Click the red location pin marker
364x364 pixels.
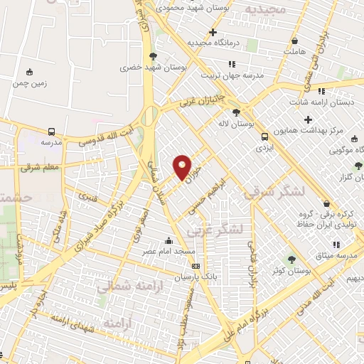pyautogui.click(x=182, y=166)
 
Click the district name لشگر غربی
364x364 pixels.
pyautogui.click(x=215, y=229)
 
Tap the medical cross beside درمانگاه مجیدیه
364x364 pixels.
pyautogui.click(x=213, y=32)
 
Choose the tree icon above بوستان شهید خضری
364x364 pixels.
pyautogui.click(x=152, y=55)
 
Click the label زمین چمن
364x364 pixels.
pyautogui.click(x=29, y=83)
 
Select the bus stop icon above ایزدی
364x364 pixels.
pyautogui.click(x=264, y=136)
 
